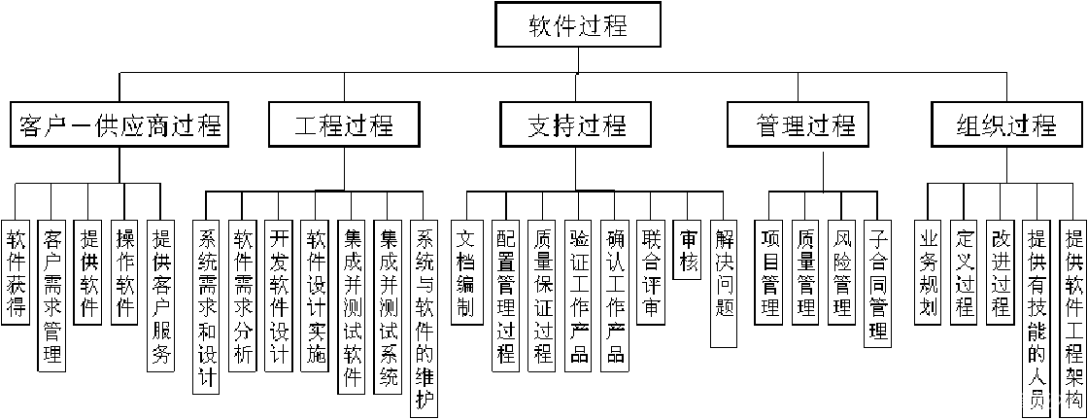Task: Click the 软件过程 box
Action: (x=578, y=25)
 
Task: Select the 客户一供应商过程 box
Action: (x=119, y=124)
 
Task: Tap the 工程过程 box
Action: (x=344, y=124)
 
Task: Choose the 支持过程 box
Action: (x=576, y=124)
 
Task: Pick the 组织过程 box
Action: (x=1006, y=124)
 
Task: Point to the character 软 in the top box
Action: (x=541, y=26)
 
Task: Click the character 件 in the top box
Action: (x=565, y=26)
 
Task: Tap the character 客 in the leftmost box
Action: (x=30, y=125)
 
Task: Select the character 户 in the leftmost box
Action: (x=55, y=125)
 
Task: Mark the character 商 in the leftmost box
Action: (x=157, y=125)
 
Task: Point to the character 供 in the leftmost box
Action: (x=107, y=125)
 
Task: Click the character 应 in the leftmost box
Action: (x=132, y=125)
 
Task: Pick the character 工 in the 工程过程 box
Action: (x=307, y=125)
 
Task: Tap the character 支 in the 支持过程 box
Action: (x=539, y=125)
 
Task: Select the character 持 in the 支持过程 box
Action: (x=564, y=125)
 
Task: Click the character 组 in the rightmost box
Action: (x=969, y=125)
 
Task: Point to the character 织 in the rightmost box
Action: (x=994, y=125)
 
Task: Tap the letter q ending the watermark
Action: (x=1069, y=402)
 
